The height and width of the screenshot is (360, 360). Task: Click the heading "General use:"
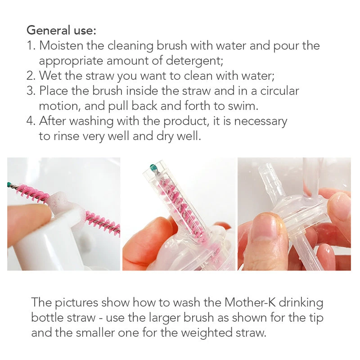(x=61, y=30)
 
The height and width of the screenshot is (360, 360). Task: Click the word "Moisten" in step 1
(x=61, y=45)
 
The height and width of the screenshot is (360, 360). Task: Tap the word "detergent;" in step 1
(x=194, y=61)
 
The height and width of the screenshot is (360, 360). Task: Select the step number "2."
(x=31, y=76)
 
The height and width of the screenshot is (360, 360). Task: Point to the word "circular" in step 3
(x=279, y=91)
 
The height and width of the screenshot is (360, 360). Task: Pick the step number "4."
(x=31, y=121)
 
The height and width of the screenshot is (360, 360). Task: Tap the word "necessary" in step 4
(x=261, y=121)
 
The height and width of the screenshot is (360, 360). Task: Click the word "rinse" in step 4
(x=66, y=136)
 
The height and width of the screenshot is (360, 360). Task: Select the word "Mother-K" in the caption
(x=250, y=302)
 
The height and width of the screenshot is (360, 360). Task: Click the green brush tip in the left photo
(x=9, y=184)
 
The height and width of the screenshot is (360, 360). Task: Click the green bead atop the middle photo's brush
(x=152, y=166)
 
